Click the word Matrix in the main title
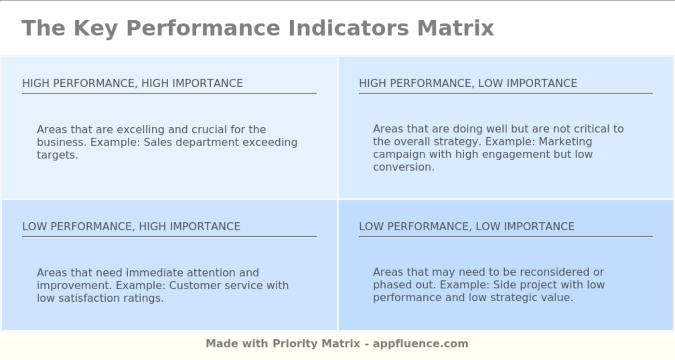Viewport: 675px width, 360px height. click(456, 28)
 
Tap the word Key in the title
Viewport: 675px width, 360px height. click(95, 28)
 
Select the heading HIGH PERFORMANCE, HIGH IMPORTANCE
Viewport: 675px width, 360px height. click(133, 83)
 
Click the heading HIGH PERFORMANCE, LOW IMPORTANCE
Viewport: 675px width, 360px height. click(468, 83)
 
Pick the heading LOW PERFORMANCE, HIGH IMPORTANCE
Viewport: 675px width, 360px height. click(131, 227)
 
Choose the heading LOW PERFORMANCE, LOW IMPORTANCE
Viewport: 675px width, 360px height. click(467, 227)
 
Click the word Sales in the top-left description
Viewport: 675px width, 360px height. click(158, 143)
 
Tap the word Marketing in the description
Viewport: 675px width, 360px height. click(565, 142)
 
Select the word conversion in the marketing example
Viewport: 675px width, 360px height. click(403, 167)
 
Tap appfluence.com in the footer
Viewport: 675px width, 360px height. click(420, 344)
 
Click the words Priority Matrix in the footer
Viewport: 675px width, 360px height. click(316, 344)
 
